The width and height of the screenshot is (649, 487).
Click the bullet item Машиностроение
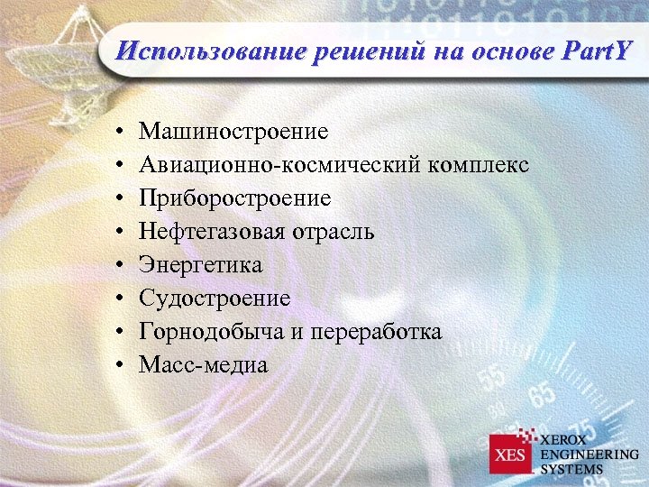click(234, 133)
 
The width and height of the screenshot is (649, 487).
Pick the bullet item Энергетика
click(201, 265)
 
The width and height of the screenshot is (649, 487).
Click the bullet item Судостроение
click(215, 299)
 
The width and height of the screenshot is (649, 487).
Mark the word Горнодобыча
click(212, 332)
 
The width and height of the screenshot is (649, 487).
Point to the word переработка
click(376, 332)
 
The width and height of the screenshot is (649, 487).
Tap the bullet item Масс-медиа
click(204, 365)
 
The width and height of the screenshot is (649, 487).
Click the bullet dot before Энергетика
click(120, 266)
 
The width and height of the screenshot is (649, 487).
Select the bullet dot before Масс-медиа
click(120, 366)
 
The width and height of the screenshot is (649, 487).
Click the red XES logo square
click(511, 453)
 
